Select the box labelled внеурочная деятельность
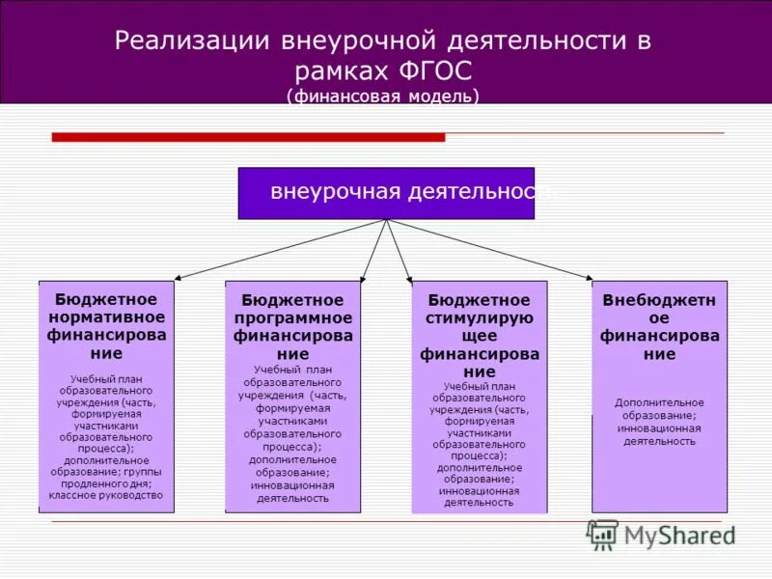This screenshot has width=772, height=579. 386,192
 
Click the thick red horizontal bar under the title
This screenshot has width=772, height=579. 248,138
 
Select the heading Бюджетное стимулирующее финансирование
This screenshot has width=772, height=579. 479,336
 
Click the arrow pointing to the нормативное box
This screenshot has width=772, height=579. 280,249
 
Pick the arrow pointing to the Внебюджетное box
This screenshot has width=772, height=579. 492,250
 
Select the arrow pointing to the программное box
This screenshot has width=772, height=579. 374,251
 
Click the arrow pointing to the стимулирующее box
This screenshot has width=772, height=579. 400,251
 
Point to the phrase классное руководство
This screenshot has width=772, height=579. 106,496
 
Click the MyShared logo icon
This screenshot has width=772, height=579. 603,534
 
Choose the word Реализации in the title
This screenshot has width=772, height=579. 190,41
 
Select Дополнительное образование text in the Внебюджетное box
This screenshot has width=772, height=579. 659,409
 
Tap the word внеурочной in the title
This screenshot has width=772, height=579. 356,41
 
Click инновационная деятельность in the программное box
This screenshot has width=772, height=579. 292,492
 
